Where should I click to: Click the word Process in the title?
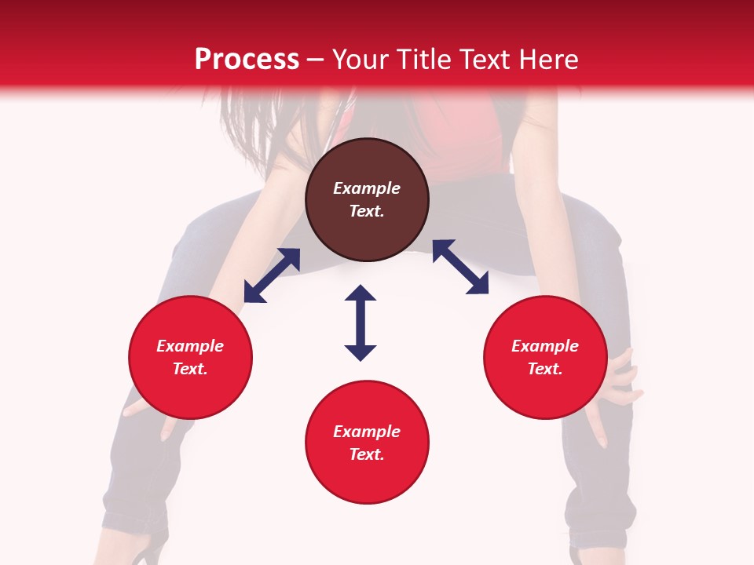(247, 60)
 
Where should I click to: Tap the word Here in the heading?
(545, 60)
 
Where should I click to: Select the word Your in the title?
(361, 60)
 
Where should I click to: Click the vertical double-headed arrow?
(361, 323)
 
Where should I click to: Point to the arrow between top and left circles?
(272, 275)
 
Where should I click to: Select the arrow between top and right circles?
(460, 267)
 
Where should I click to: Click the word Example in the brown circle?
(367, 188)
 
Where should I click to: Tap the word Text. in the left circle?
(190, 369)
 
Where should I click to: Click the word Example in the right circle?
(545, 346)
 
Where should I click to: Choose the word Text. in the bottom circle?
(367, 454)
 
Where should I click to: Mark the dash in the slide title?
(315, 60)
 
